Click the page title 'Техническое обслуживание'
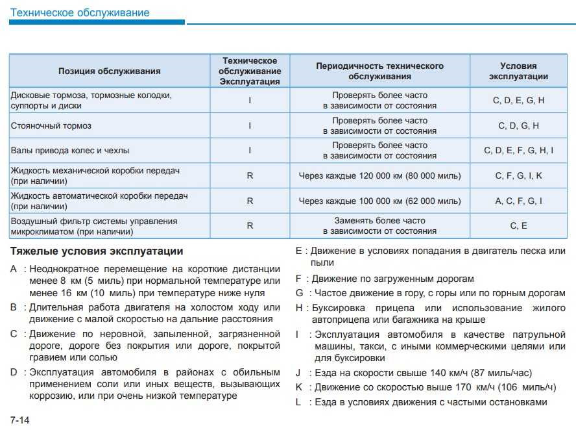coord(80,13)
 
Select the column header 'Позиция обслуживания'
coord(109,71)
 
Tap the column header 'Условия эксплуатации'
coord(518,71)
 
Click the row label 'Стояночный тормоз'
coord(51,125)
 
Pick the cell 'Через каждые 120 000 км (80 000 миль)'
coord(379,176)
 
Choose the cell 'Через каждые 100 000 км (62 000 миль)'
coord(379,201)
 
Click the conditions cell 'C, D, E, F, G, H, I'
coord(518,151)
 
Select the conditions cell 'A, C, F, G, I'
coord(518,201)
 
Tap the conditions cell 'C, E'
coord(518,226)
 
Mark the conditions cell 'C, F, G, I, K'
coord(518,176)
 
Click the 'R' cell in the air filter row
coord(250,226)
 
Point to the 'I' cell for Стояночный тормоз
coord(250,125)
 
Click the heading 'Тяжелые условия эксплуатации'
coord(97,251)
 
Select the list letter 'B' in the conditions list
coord(14,307)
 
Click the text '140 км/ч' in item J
coord(431,373)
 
